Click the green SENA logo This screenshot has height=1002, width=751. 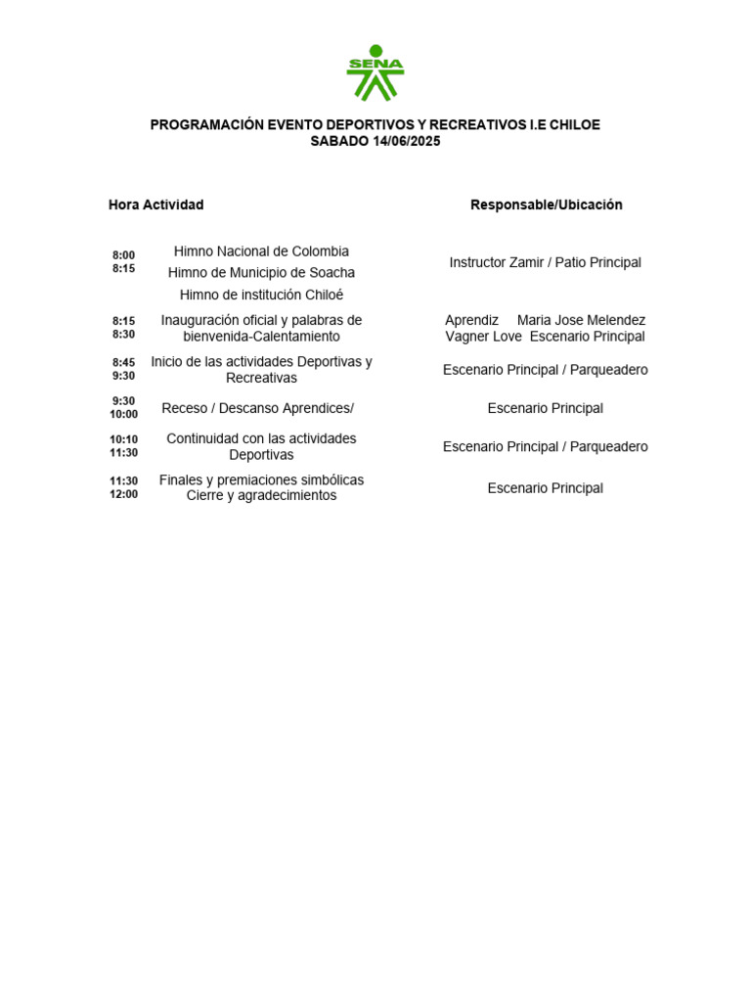click(x=375, y=72)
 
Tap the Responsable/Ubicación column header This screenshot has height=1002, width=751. click(x=546, y=205)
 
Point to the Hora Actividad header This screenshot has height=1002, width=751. click(x=155, y=205)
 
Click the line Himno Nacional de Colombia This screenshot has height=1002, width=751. click(x=261, y=251)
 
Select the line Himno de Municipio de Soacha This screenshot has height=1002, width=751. click(x=261, y=273)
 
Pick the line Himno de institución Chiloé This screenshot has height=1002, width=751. click(x=261, y=295)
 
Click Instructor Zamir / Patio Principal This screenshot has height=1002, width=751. click(x=545, y=262)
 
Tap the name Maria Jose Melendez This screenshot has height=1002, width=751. click(x=581, y=320)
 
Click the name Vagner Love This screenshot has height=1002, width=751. click(x=483, y=337)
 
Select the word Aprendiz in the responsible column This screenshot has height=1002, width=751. click(x=471, y=320)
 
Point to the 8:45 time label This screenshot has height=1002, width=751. click(x=123, y=362)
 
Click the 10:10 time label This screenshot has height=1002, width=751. click(x=123, y=439)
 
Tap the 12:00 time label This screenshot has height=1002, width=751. click(x=123, y=494)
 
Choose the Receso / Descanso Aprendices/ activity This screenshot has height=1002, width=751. click(x=257, y=408)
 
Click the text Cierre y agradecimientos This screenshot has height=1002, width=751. click(x=261, y=495)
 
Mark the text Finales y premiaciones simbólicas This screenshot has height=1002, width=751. click(x=261, y=479)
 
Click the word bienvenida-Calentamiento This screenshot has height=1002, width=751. click(x=261, y=337)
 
